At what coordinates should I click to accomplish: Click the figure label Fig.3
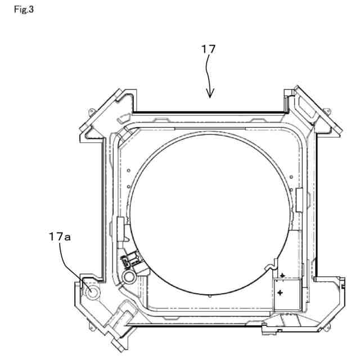click(24, 10)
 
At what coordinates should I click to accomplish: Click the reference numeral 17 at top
click(208, 49)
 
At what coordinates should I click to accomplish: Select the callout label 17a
click(60, 237)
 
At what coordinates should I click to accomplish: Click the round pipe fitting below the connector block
click(129, 276)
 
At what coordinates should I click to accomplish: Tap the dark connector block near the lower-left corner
click(130, 260)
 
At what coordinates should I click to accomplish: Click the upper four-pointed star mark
click(282, 276)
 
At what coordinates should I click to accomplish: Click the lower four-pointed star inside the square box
click(280, 292)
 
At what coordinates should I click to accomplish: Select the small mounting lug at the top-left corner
click(92, 112)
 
